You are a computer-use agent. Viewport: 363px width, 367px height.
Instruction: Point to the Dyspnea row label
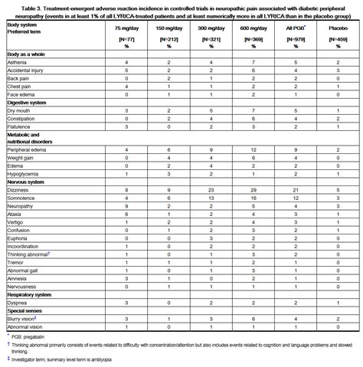[x=20, y=303]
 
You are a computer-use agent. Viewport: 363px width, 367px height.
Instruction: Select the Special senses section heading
[x=26, y=310]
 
